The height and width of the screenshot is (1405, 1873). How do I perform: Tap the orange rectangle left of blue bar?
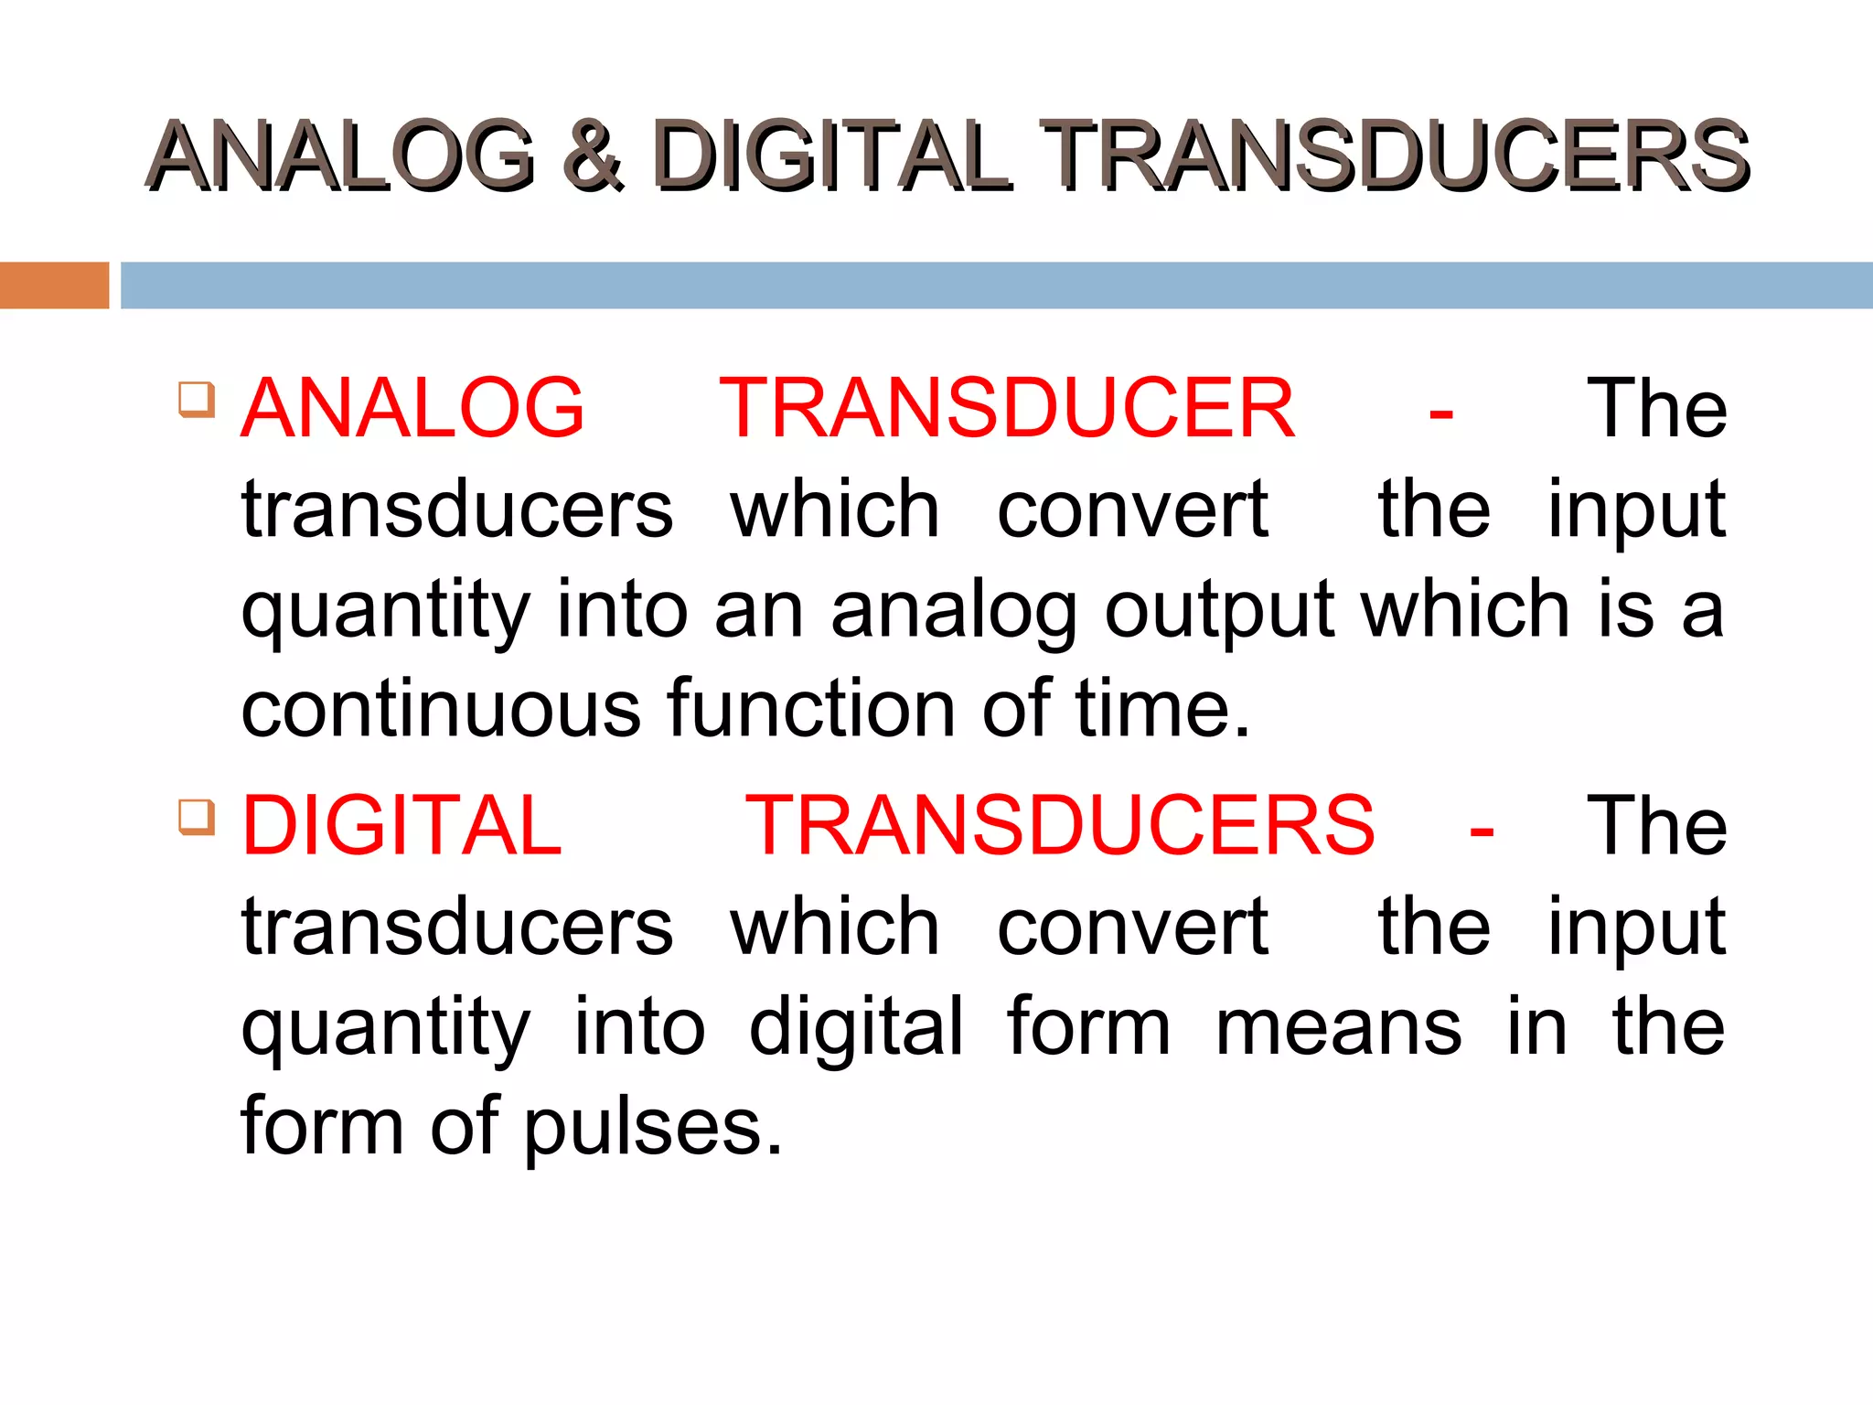point(54,285)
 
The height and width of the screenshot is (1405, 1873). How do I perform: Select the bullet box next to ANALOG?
point(197,400)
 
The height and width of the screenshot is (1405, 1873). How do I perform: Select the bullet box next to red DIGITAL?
point(197,817)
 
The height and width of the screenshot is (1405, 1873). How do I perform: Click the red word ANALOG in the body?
point(412,408)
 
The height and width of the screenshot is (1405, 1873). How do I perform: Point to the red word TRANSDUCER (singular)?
point(1007,408)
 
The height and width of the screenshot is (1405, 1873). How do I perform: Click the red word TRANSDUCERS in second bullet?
point(1059,825)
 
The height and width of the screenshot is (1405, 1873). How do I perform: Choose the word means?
point(1338,1027)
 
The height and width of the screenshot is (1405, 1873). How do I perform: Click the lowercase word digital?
point(856,1027)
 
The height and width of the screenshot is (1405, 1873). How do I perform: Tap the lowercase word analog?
point(954,611)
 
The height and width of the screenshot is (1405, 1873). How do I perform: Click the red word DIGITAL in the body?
point(401,825)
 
